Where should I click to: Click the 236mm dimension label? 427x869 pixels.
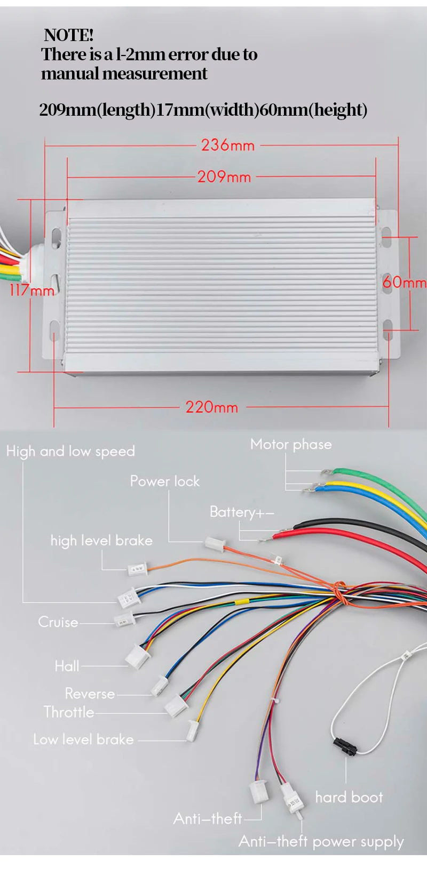coord(228,145)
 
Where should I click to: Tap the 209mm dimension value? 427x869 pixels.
coord(224,176)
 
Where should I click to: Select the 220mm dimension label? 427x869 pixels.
coord(212,407)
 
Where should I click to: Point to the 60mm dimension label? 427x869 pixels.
coord(404,282)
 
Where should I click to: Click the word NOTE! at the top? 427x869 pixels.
coord(69,35)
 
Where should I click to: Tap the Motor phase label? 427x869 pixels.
coord(291,444)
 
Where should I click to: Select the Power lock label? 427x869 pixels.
coord(164,481)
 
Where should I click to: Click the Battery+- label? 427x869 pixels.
coord(242,512)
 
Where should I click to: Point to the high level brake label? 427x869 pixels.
coord(101,541)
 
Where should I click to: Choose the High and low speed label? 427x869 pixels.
coord(70,452)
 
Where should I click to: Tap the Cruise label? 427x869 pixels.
coord(58,622)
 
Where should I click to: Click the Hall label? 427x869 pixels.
coord(67,666)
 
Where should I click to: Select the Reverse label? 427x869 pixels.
coord(90,694)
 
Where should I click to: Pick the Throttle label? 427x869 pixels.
coord(69,712)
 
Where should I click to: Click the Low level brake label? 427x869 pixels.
coord(83,739)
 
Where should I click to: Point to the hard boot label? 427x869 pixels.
coord(349,797)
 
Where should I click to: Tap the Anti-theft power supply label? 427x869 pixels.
coord(321,841)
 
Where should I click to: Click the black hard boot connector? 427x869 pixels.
coord(346,746)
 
